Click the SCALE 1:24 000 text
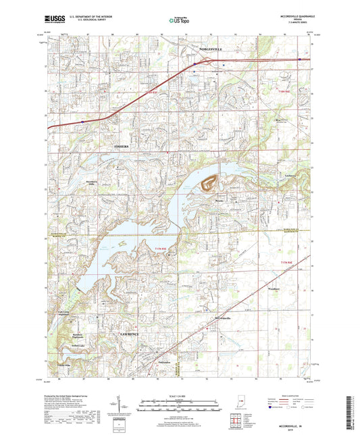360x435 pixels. click(x=179, y=396)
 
